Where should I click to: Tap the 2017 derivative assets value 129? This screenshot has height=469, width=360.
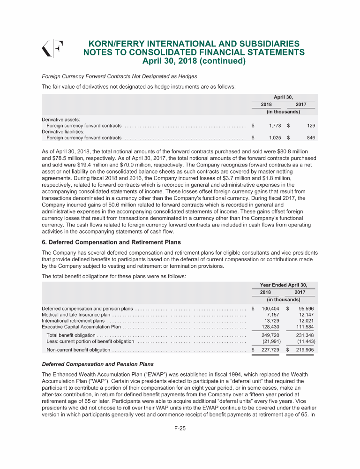(310, 126)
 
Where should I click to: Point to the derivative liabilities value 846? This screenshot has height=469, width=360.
(309, 138)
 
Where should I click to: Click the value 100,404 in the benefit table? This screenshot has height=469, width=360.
(270, 308)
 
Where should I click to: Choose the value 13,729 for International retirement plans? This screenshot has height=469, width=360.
(272, 320)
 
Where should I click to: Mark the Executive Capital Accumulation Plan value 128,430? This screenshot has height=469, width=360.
(270, 326)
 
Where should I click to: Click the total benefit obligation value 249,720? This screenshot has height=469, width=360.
(270, 335)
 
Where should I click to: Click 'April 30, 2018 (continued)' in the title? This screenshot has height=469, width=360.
(194, 61)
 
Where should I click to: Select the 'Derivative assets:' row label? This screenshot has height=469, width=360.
(61, 120)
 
